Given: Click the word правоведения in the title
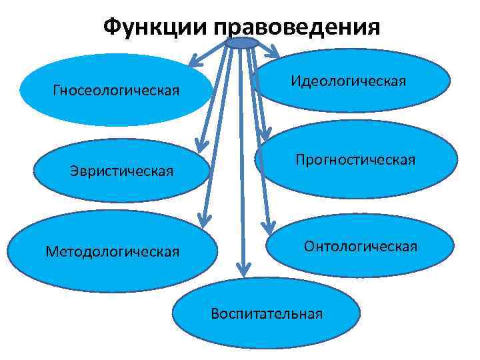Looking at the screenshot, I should click(x=297, y=28).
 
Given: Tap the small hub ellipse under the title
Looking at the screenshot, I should click(x=241, y=43).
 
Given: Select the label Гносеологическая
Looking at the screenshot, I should click(x=116, y=90).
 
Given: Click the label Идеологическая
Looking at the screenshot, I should click(x=348, y=81).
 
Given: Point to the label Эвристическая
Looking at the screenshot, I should click(x=122, y=171).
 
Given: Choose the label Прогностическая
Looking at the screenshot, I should click(x=355, y=160).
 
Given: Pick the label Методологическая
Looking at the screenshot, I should click(x=113, y=251).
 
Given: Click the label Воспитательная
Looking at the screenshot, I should click(x=267, y=313).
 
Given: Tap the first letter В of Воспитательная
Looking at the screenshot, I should click(x=215, y=313).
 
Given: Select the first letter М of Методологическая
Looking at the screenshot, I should click(x=51, y=251).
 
